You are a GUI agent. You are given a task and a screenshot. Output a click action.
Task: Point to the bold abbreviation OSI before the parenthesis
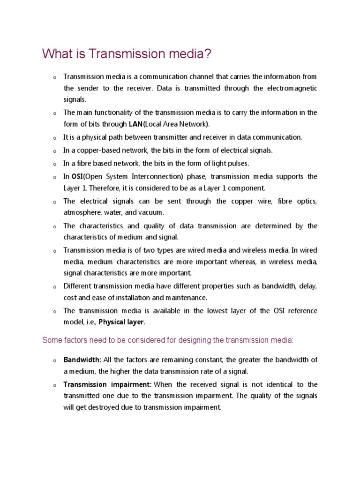tap(77, 176)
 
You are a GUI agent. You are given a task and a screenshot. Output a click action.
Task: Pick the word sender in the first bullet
tap(87, 88)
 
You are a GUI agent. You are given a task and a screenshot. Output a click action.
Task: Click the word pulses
tap(238, 164)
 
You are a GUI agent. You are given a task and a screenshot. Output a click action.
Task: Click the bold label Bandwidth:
tap(82, 360)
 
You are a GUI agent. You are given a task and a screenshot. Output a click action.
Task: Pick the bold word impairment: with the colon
tap(129, 384)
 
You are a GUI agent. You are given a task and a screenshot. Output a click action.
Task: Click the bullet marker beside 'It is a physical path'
tap(54, 138)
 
